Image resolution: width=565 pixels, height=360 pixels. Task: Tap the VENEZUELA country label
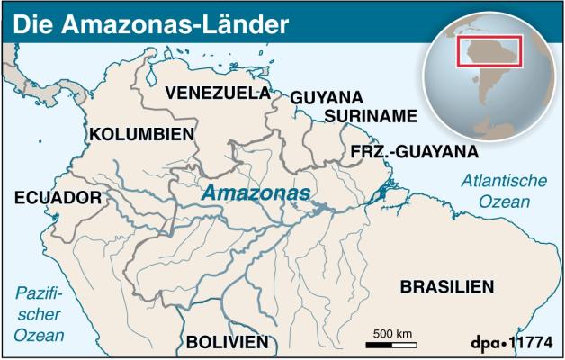(x=217, y=93)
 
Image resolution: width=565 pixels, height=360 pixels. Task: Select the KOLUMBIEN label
(x=142, y=134)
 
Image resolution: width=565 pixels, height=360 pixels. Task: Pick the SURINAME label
(x=372, y=116)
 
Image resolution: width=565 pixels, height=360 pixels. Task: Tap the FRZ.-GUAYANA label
(x=414, y=150)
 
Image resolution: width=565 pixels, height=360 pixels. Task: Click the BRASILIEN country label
(x=447, y=287)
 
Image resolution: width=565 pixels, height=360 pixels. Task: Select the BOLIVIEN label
(x=227, y=342)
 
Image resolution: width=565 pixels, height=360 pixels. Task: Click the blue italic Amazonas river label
(x=256, y=193)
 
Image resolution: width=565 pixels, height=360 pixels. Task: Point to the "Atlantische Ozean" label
(x=504, y=191)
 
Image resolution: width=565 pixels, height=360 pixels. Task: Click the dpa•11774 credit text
(x=510, y=343)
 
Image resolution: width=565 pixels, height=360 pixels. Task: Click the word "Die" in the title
(x=30, y=23)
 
